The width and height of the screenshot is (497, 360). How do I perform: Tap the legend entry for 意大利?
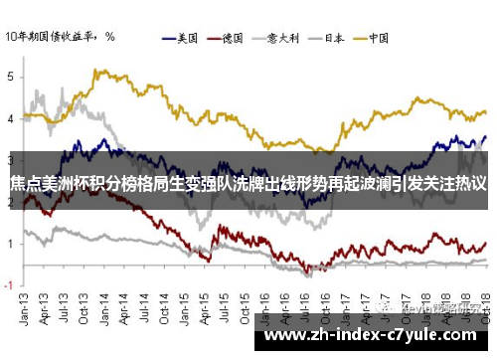pos(285,39)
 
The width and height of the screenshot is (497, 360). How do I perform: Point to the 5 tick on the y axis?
pos(10,76)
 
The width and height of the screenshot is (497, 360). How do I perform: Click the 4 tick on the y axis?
pos(10,117)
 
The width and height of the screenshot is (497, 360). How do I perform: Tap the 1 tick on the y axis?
pos(10,244)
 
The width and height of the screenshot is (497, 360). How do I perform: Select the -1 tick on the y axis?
pos(8,285)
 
